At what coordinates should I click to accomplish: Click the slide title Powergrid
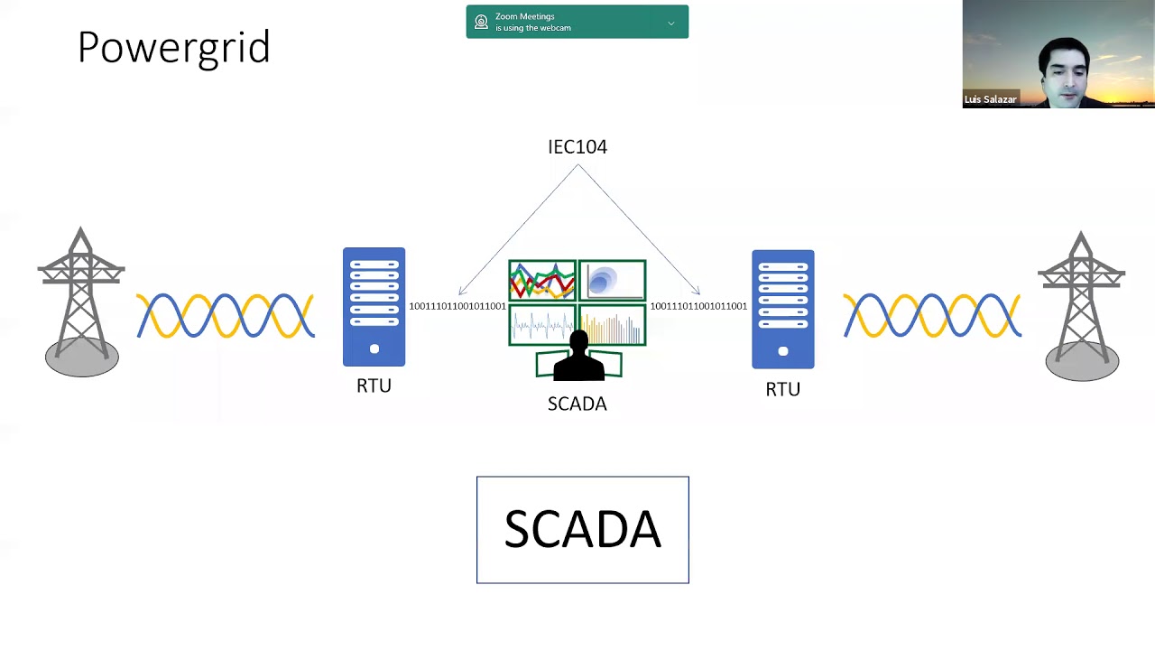pos(173,47)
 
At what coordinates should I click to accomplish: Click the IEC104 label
pos(577,146)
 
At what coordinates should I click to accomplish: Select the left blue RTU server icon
pos(374,307)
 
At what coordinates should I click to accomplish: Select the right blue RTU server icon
pos(782,310)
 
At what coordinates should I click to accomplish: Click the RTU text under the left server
pos(374,385)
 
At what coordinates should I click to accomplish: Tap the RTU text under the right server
pos(782,389)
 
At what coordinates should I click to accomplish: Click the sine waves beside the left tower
pos(226,316)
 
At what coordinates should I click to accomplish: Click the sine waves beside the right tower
pos(931,316)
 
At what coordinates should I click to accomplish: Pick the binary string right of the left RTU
pos(457,306)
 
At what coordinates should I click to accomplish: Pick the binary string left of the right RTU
pos(698,306)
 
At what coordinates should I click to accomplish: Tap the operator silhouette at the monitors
pos(578,357)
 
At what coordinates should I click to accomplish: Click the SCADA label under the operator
pos(577,404)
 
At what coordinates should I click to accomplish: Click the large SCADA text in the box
pos(582,529)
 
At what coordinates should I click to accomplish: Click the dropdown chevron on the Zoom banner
pos(671,23)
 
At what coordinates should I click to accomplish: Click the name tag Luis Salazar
pos(990,99)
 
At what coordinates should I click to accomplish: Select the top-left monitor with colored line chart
pos(542,281)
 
